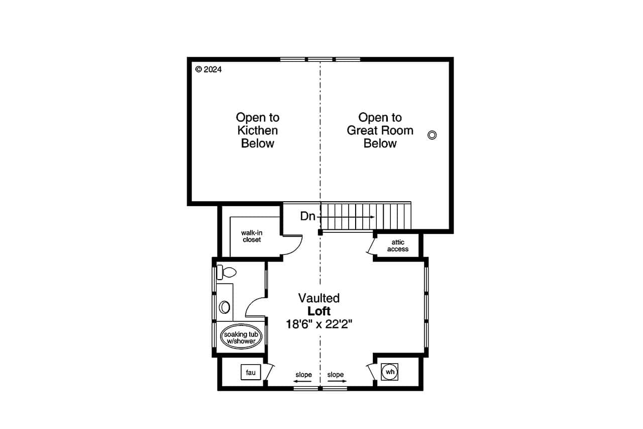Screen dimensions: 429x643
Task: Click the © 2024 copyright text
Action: (x=208, y=70)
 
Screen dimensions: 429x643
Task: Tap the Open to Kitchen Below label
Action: (x=258, y=130)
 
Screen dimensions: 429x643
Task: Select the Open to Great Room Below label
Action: (x=380, y=130)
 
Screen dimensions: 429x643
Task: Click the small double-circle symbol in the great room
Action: (x=432, y=134)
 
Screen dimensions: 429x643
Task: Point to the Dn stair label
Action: (x=308, y=216)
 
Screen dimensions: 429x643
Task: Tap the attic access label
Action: (x=397, y=246)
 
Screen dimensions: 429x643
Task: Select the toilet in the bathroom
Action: (x=228, y=273)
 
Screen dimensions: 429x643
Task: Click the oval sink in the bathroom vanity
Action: (x=225, y=307)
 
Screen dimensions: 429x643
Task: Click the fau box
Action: (x=250, y=373)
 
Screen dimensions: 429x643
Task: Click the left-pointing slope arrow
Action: (x=302, y=382)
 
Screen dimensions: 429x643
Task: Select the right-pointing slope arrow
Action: (x=337, y=382)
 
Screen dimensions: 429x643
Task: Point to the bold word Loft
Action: (x=319, y=311)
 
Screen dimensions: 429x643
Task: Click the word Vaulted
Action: (x=319, y=298)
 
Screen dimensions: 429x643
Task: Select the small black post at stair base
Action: (x=320, y=232)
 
